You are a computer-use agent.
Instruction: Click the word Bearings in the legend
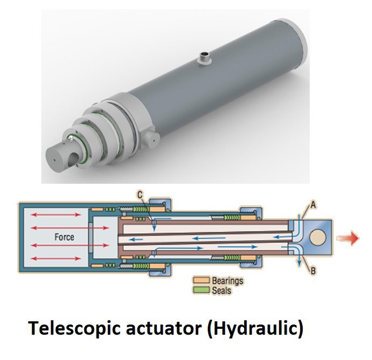coord(227,280)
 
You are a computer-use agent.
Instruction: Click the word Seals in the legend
coord(221,290)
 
